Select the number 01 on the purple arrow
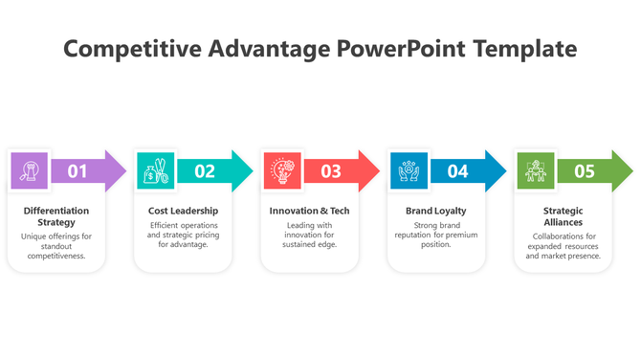coord(77,171)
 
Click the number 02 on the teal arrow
coord(205,171)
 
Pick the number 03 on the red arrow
coord(331,171)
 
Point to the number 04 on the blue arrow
coord(457,171)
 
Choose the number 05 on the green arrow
coord(584,171)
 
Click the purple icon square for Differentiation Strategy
coord(29,170)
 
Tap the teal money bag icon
coord(155,170)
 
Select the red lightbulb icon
coord(282,170)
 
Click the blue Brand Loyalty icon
coord(409,170)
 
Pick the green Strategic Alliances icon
coord(535,170)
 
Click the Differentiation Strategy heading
coord(56,215)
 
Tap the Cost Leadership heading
coord(183,211)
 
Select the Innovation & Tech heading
coord(310,211)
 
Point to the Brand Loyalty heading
coord(436,211)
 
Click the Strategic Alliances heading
coord(563,215)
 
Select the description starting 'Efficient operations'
coord(183,235)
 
